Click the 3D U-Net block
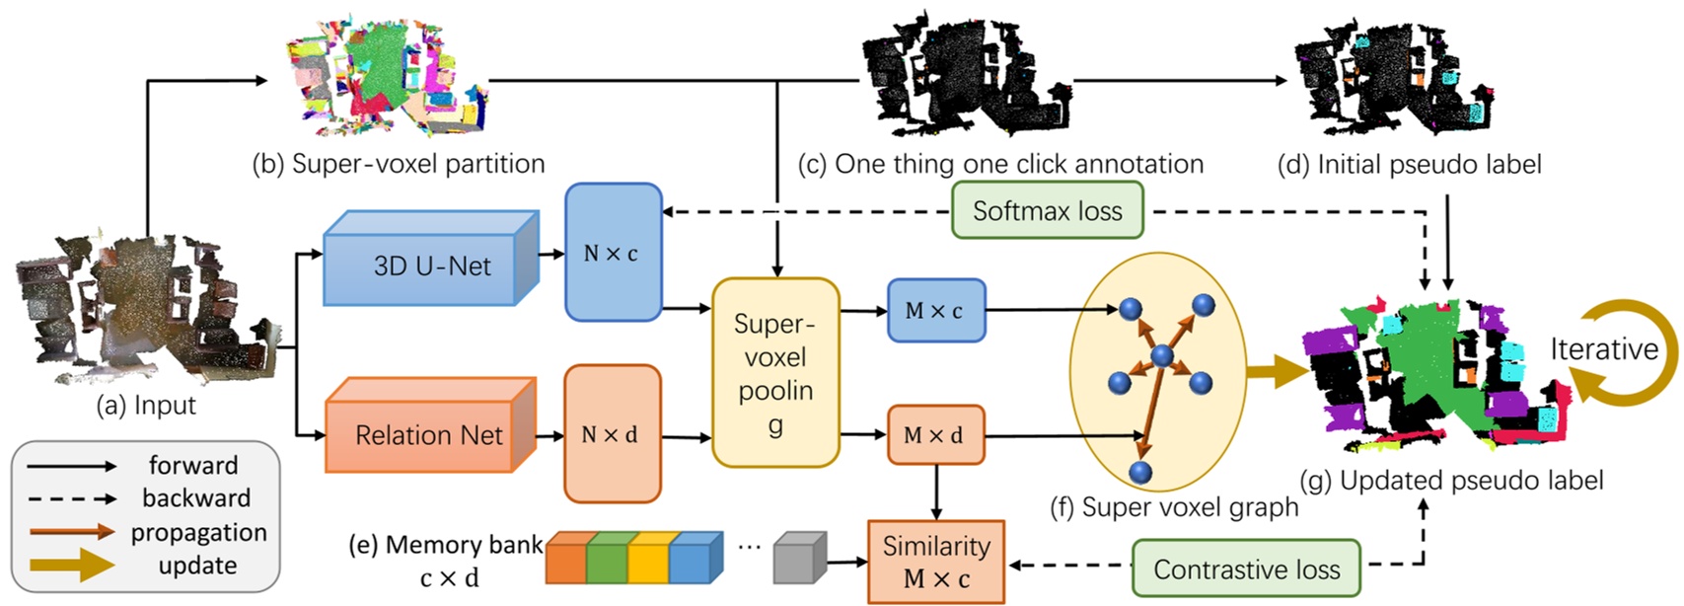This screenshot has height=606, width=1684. coord(431,265)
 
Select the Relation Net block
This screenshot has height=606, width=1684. coord(429,434)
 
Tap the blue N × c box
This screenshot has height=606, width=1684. coord(612,253)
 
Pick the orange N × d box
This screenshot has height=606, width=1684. coord(611,434)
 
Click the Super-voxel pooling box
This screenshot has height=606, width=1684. coord(775,373)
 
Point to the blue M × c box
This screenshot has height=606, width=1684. coord(934,311)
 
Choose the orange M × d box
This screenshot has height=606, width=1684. coord(934,434)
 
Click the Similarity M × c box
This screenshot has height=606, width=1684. coord(935,562)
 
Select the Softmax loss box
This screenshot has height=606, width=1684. coord(1047,210)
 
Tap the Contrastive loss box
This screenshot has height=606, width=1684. coord(1246,569)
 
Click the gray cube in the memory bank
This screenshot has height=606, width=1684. coord(798,559)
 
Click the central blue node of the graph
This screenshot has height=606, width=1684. coord(1163,355)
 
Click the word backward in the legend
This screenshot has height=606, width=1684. coord(196,498)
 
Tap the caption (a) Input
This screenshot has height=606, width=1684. coord(146,406)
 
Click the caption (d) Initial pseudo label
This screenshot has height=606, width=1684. coord(1409,164)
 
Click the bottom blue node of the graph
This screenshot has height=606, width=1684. coord(1141,473)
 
